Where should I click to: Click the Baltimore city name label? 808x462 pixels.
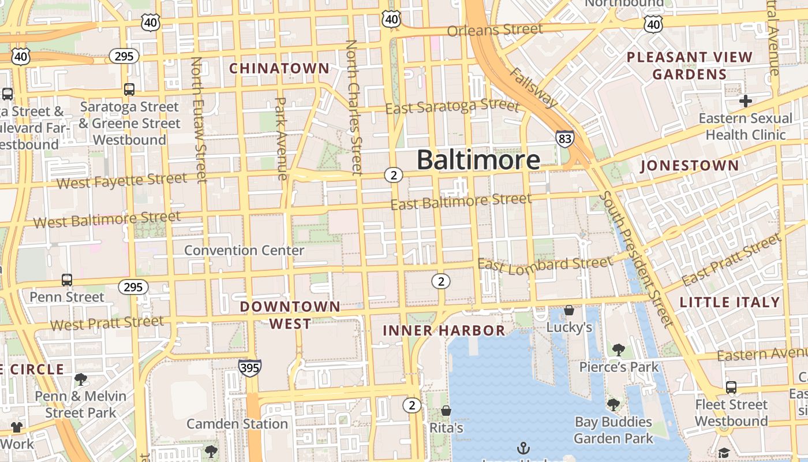pyautogui.click(x=478, y=160)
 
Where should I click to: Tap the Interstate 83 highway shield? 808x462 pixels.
pyautogui.click(x=565, y=139)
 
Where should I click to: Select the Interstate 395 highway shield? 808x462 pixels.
pyautogui.click(x=250, y=368)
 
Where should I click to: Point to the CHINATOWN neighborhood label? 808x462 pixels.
pyautogui.click(x=279, y=69)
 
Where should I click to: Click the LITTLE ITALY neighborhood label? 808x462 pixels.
pyautogui.click(x=730, y=302)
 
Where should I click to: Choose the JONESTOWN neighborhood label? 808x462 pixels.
pyautogui.click(x=690, y=166)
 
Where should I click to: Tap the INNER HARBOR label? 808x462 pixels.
pyautogui.click(x=444, y=331)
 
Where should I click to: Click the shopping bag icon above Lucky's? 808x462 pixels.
pyautogui.click(x=569, y=310)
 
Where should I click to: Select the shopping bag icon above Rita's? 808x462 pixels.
pyautogui.click(x=446, y=411)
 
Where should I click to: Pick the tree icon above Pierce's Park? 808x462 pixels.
pyautogui.click(x=619, y=349)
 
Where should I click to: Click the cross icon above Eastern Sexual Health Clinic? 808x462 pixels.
pyautogui.click(x=746, y=101)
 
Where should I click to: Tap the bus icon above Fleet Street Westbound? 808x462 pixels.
pyautogui.click(x=731, y=387)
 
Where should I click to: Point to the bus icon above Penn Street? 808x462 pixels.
pyautogui.click(x=67, y=280)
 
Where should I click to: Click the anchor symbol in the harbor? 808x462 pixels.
pyautogui.click(x=523, y=448)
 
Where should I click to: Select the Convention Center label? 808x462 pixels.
pyautogui.click(x=244, y=251)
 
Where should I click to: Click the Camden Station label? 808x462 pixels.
pyautogui.click(x=237, y=424)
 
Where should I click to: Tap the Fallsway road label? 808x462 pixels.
pyautogui.click(x=534, y=88)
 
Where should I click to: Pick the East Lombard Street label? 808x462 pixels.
pyautogui.click(x=545, y=264)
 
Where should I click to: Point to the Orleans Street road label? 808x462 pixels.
pyautogui.click(x=495, y=29)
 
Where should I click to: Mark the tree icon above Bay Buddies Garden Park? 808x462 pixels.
pyautogui.click(x=613, y=404)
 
